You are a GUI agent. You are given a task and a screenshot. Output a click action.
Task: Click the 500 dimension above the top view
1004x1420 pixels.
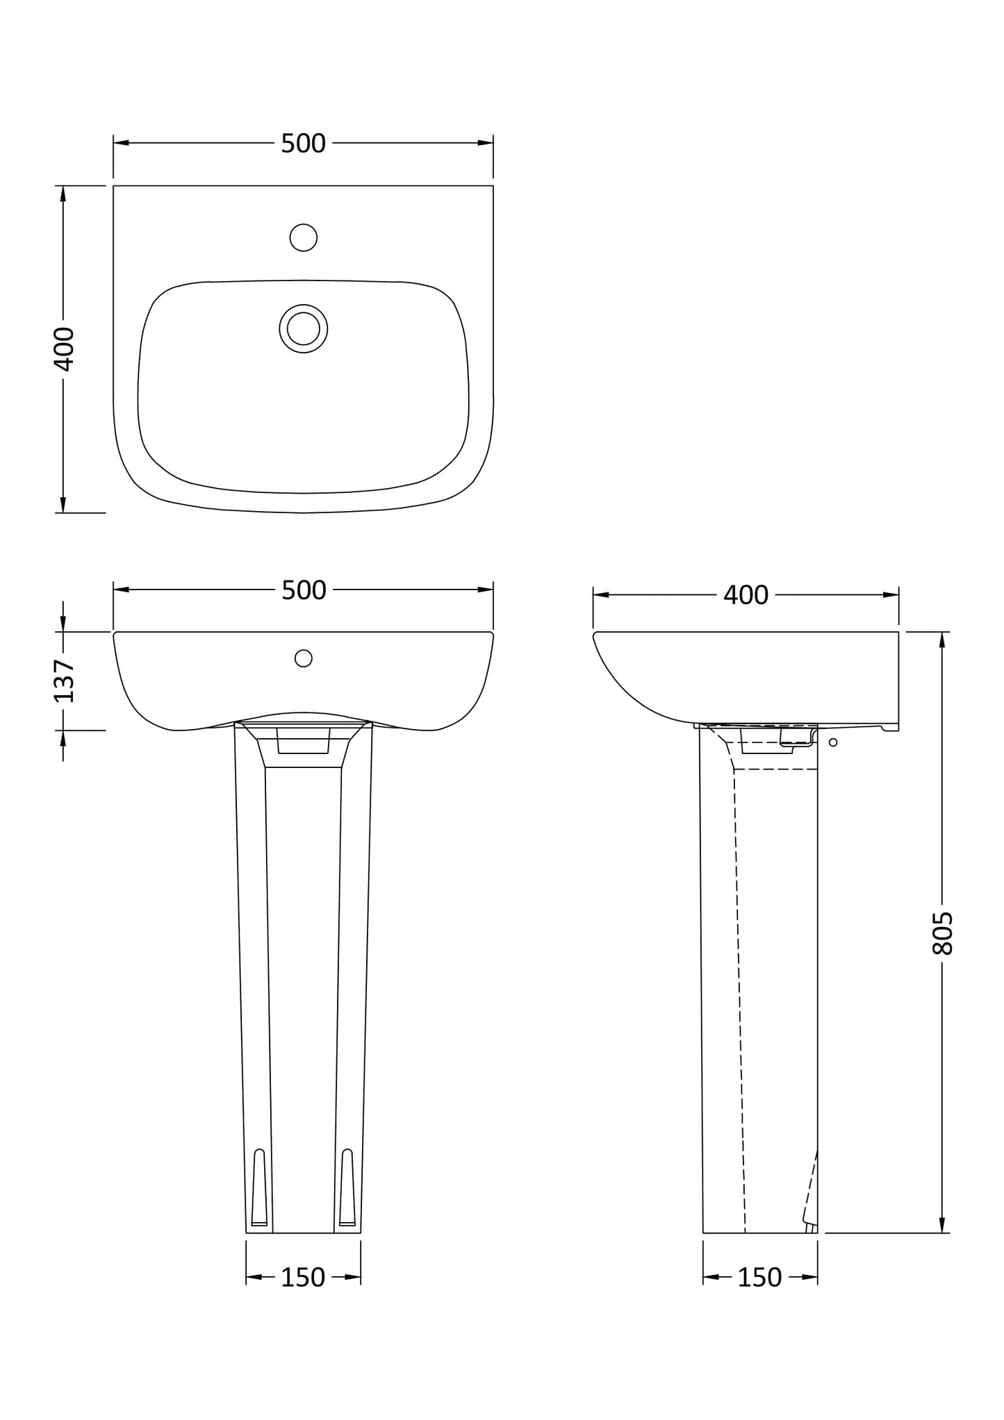(x=303, y=144)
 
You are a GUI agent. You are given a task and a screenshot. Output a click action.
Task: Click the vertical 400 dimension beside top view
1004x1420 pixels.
(x=64, y=349)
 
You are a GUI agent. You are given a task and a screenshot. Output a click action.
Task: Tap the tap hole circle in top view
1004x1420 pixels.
(x=304, y=237)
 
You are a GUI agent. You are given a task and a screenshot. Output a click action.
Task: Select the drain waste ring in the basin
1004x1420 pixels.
(x=304, y=328)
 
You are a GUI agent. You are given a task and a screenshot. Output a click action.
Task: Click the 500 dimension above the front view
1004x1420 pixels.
(x=304, y=590)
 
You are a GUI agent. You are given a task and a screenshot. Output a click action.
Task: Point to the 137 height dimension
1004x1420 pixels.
(x=64, y=681)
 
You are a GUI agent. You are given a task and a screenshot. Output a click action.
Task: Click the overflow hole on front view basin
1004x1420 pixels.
(x=304, y=658)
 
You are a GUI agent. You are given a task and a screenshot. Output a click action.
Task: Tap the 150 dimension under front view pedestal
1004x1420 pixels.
(x=303, y=1277)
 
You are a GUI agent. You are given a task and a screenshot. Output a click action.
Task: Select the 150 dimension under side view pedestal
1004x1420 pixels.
(x=759, y=1277)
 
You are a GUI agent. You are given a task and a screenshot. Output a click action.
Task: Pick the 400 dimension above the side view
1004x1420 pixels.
(x=746, y=595)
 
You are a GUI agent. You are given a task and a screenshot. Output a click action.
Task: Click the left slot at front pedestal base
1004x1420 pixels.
(x=259, y=1188)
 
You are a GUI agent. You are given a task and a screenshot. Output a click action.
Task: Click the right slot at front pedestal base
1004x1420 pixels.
(x=347, y=1188)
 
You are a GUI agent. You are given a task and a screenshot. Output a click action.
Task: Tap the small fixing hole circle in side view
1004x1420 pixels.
(x=833, y=742)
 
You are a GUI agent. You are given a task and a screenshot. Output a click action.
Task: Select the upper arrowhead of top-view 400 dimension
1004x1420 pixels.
(x=63, y=194)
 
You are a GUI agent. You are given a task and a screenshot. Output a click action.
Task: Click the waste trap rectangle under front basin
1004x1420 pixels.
(x=303, y=741)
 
